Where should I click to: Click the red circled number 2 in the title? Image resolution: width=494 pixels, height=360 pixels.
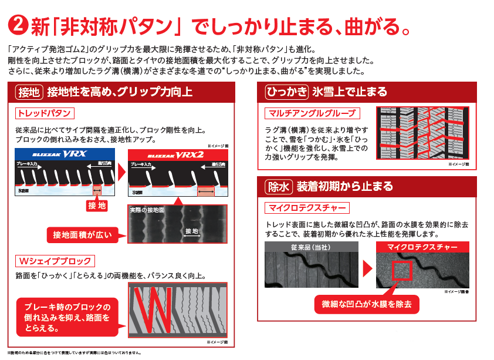coord(18,26)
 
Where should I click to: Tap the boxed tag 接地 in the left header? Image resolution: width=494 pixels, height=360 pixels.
coord(29,92)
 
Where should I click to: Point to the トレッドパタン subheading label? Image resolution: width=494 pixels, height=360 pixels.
coord(45,113)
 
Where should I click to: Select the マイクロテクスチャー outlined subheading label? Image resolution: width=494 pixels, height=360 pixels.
coord(307,208)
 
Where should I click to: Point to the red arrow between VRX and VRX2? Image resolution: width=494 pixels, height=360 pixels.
coord(121,172)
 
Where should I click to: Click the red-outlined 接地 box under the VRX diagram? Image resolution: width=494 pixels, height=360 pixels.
coord(96,205)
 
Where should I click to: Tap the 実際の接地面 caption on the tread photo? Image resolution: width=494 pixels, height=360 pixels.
coord(147,209)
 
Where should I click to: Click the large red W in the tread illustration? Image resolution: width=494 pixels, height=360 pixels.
coord(151,308)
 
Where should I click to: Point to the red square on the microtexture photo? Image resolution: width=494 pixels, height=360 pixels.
coord(402,271)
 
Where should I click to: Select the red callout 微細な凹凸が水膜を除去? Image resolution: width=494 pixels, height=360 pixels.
coord(367,304)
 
